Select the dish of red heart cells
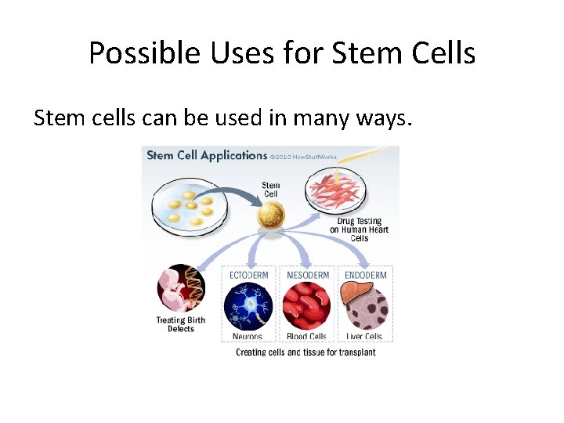point(338,192)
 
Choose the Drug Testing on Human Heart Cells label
point(359,230)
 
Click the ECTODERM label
point(248,275)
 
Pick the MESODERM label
point(307,275)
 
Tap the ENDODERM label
point(366,275)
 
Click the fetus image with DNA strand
point(182,289)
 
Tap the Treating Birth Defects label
point(180,324)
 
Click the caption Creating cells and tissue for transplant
point(305,352)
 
